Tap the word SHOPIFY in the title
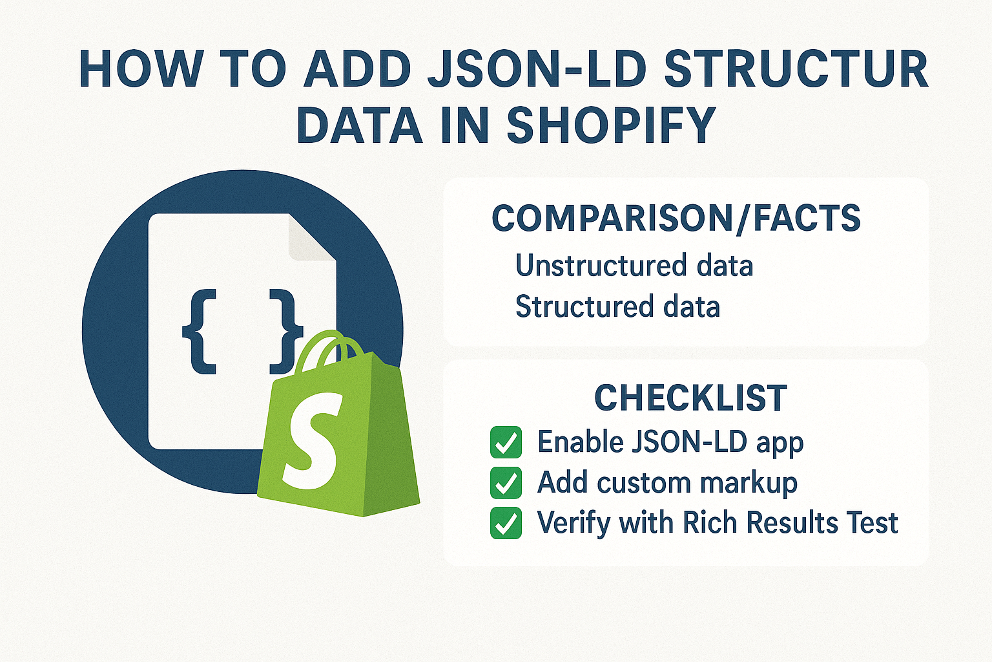[x=611, y=125]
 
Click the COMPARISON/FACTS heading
[x=676, y=219]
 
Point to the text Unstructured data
[x=634, y=266]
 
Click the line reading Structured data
[x=617, y=306]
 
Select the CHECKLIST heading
[x=690, y=398]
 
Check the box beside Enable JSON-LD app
[x=506, y=442]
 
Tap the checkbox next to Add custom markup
[x=506, y=483]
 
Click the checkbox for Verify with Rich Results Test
[x=506, y=523]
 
